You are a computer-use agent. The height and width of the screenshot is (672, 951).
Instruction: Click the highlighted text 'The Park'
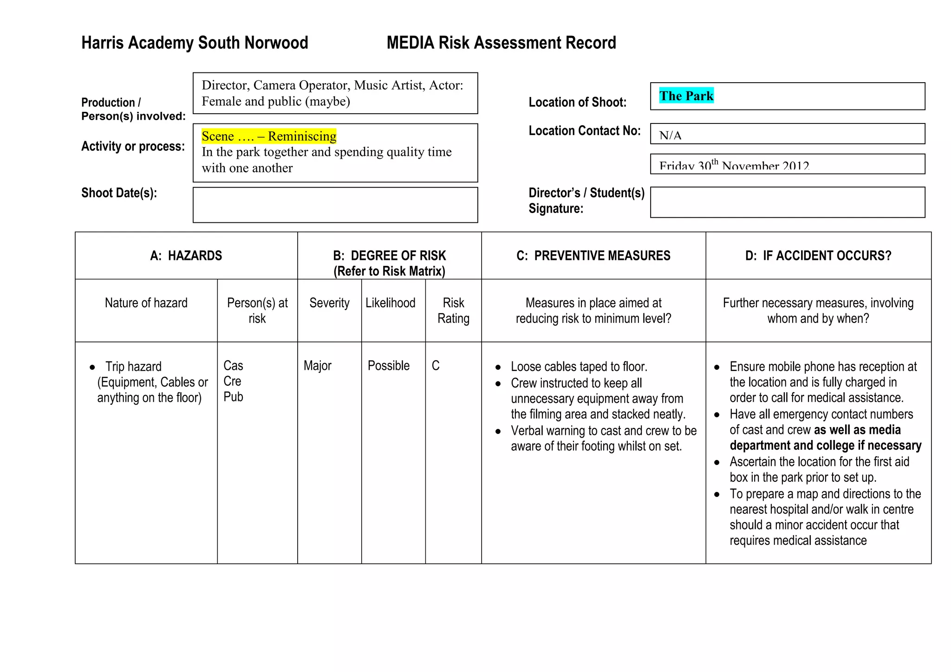[686, 96]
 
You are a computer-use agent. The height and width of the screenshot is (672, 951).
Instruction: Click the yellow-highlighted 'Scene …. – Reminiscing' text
[269, 136]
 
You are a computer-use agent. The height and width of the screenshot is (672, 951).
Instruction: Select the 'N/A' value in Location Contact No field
[670, 136]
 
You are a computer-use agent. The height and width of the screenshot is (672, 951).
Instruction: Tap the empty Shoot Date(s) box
[335, 205]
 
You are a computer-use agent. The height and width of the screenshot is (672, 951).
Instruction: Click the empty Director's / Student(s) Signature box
[787, 202]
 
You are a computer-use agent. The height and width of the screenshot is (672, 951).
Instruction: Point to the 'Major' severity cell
[317, 366]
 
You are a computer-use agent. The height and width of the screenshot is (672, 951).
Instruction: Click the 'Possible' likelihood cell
[388, 366]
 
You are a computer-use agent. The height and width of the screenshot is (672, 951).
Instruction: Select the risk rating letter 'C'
[435, 366]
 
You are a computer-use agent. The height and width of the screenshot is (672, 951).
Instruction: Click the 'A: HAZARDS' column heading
[186, 256]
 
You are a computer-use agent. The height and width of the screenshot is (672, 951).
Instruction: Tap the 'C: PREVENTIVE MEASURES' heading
[593, 256]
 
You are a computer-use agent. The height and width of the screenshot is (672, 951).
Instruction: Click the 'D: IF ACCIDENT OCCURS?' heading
[818, 256]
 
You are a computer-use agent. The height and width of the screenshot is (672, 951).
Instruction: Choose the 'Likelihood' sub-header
[390, 303]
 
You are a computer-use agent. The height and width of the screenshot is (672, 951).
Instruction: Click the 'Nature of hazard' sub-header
[146, 303]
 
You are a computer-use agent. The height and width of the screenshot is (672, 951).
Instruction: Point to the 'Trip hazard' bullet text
[133, 367]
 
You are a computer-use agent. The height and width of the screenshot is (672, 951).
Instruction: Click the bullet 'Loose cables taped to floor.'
[579, 367]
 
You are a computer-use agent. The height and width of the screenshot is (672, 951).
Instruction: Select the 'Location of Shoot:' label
[577, 102]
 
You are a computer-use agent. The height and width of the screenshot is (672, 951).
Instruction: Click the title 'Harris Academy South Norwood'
[195, 43]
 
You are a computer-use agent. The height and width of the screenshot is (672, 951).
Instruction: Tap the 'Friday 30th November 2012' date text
[734, 166]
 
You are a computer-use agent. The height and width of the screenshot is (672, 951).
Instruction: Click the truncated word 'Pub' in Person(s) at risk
[233, 397]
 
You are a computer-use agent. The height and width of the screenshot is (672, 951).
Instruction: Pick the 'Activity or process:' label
[133, 147]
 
